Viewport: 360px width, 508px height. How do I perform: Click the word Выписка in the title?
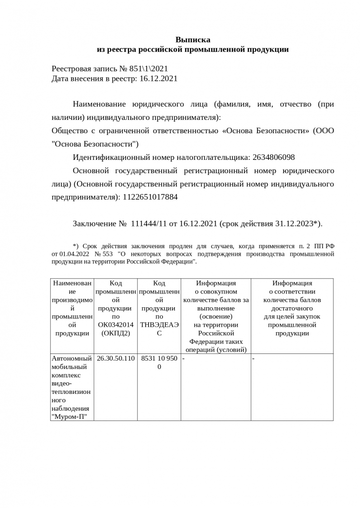tap(192, 40)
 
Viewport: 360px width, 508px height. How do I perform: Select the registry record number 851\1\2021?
tap(149, 69)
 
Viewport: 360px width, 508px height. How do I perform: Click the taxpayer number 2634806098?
tap(273, 157)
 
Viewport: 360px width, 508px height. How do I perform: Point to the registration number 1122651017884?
tap(150, 197)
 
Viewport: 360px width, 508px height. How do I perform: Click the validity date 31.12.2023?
tap(293, 223)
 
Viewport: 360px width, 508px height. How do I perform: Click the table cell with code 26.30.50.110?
tap(116, 358)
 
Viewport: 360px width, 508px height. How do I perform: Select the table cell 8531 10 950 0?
tap(159, 362)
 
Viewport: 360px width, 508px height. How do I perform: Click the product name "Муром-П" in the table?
tap(69, 417)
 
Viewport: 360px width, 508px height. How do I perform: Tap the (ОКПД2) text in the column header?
tap(116, 333)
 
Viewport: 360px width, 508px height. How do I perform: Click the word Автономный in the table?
tap(72, 358)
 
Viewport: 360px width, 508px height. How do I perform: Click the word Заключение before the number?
tap(94, 223)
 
